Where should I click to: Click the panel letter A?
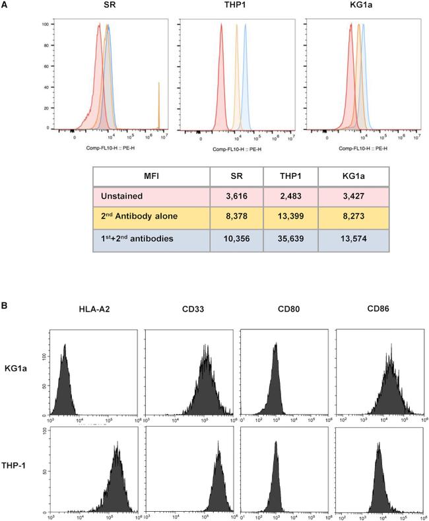click(x=6, y=6)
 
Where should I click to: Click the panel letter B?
click(x=6, y=308)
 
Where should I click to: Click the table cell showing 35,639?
click(x=290, y=237)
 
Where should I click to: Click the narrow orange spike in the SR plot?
click(x=158, y=106)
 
